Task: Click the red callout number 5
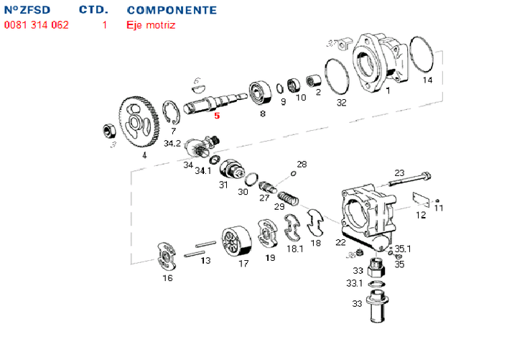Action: [217, 114]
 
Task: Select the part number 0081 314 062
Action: [37, 25]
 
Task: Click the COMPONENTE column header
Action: [172, 11]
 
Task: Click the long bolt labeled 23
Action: [409, 178]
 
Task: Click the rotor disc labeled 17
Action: [236, 243]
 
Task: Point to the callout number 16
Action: [167, 278]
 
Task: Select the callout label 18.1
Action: [295, 249]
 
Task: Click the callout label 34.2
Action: [172, 144]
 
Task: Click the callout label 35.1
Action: [402, 249]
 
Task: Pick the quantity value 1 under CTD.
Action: [105, 25]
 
